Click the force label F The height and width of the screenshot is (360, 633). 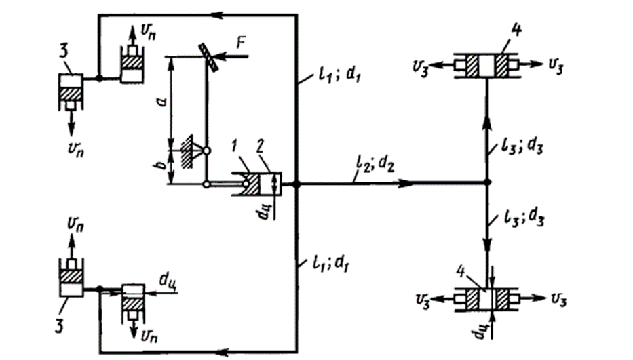click(x=242, y=43)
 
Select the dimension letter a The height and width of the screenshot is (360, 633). click(x=162, y=101)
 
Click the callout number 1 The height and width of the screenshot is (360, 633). click(x=234, y=146)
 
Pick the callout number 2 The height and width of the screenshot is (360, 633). click(x=261, y=146)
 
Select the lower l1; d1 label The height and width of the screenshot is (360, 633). click(x=330, y=264)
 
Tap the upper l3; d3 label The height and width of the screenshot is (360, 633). click(x=522, y=148)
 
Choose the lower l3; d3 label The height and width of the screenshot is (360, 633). click(x=524, y=220)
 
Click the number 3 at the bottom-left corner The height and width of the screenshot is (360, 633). click(x=59, y=325)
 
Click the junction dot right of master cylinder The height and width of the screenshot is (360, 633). click(x=296, y=184)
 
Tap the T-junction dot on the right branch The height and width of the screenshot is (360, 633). click(x=487, y=183)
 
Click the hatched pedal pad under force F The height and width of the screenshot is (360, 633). click(x=209, y=57)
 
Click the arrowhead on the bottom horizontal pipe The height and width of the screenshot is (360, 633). click(x=223, y=353)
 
